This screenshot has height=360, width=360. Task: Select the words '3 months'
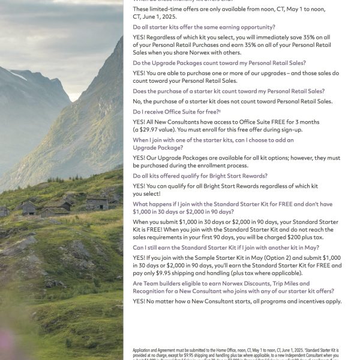[x=304, y=122]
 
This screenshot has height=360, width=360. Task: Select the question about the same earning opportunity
[x=204, y=27]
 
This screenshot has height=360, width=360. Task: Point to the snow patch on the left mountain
[x=18, y=75]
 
